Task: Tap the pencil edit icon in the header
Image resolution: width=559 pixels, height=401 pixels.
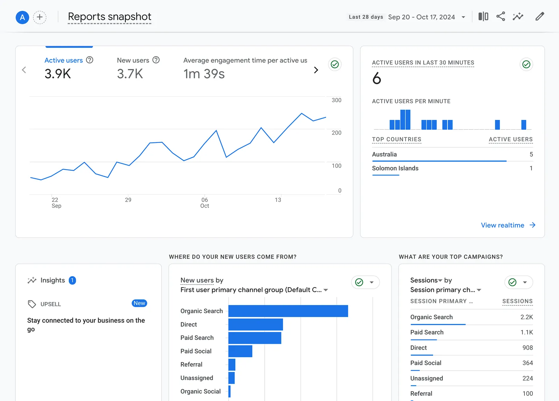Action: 539,16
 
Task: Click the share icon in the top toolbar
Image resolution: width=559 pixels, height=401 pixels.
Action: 500,16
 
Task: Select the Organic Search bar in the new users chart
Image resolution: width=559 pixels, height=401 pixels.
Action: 288,311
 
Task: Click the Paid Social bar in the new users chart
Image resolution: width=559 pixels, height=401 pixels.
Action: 240,351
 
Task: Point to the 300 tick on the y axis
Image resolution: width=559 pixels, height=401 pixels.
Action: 336,100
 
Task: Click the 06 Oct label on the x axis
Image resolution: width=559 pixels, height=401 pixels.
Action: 205,203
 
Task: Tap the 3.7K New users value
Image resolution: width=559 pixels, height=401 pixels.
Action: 130,74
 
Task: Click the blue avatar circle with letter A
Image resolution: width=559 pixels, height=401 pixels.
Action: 22,17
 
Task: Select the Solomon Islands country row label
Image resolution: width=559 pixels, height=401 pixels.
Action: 395,168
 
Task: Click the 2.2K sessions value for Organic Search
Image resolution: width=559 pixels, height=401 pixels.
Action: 526,317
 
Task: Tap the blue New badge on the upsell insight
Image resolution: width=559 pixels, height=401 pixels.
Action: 139,303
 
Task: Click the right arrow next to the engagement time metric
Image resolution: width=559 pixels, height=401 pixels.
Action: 316,70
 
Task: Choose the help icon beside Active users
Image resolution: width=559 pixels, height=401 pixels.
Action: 90,60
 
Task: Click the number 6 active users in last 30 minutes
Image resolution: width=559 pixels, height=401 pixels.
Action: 377,78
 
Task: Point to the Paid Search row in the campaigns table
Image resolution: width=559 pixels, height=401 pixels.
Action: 427,332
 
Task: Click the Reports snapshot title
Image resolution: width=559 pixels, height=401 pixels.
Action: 109,17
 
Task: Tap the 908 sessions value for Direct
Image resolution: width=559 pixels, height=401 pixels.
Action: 527,348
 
